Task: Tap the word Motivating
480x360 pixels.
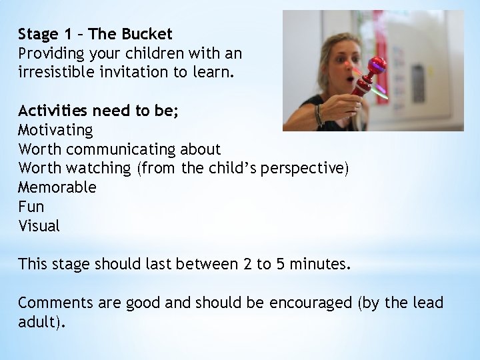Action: [55, 129]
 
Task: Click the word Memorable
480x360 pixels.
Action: [57, 187]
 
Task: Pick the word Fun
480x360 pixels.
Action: [31, 207]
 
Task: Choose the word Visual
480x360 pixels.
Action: [39, 226]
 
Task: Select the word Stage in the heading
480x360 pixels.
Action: [39, 34]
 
